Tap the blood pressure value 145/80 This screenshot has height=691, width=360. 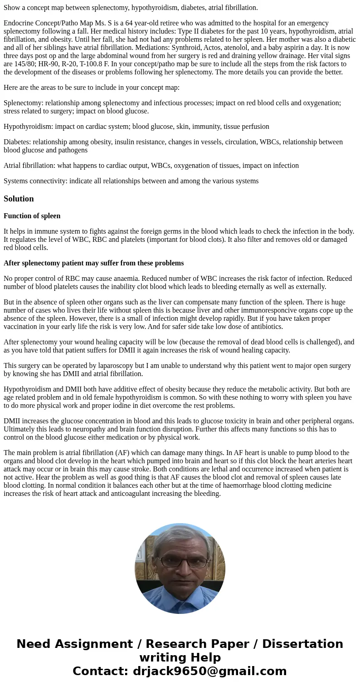tap(13, 64)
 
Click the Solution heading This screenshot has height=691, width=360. tap(19, 199)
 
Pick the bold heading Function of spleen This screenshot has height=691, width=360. tap(32, 216)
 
